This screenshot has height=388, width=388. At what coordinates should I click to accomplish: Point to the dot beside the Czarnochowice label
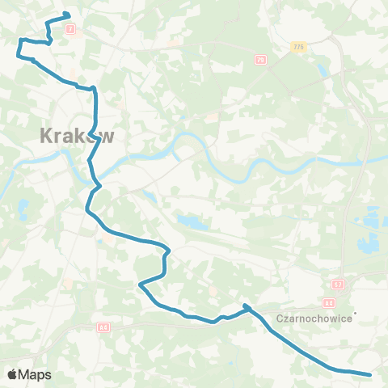pos(355,314)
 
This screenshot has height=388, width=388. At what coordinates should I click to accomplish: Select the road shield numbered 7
pos(71,29)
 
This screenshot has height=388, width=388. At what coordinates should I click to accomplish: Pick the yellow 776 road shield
pos(299,48)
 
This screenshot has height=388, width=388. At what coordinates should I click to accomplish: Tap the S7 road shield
pos(336,285)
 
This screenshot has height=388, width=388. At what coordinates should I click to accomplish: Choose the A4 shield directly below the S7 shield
pos(328,303)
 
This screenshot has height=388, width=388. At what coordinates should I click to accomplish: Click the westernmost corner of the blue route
pos(17,56)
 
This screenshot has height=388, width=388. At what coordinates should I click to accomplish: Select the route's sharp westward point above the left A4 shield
pos(141,285)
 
